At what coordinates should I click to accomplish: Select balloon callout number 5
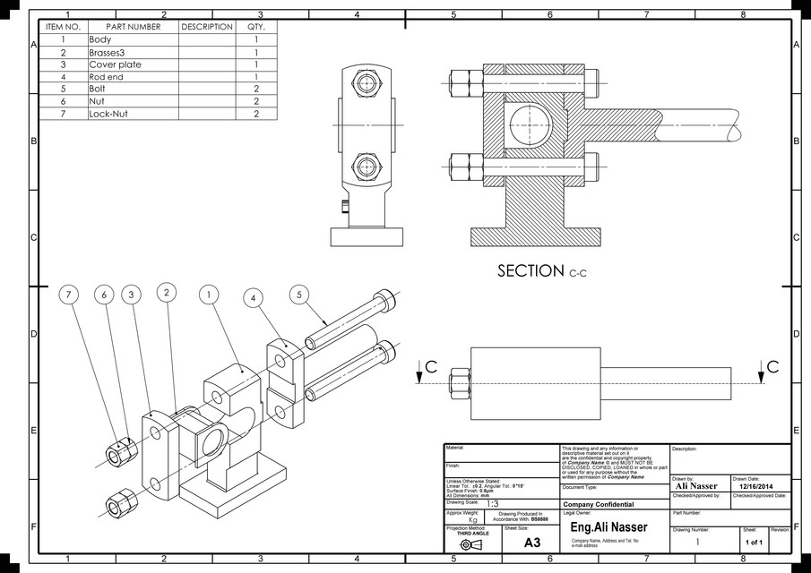pos(300,295)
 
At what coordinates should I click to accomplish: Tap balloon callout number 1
pos(208,295)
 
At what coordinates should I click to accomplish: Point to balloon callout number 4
pos(255,296)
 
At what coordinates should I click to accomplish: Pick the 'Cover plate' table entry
pos(115,64)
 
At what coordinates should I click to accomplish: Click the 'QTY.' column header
pos(256,27)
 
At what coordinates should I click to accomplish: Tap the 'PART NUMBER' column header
pos(133,27)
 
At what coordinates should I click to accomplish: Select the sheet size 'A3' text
pos(532,543)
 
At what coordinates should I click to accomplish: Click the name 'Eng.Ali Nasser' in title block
pos(608,528)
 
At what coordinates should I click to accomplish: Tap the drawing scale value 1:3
pos(493,504)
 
